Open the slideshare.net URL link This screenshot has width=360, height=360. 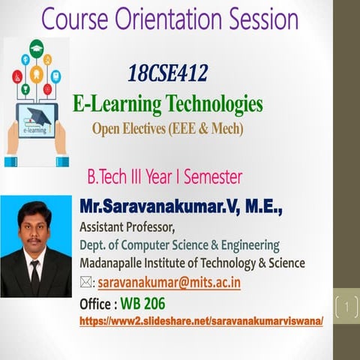click(x=201, y=320)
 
